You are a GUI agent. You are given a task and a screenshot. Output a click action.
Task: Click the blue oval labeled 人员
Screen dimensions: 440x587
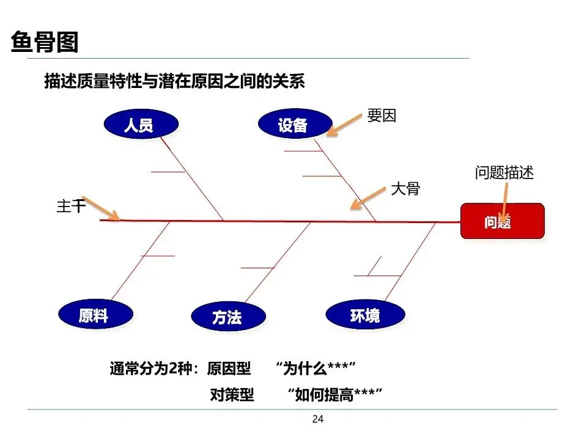click(x=141, y=125)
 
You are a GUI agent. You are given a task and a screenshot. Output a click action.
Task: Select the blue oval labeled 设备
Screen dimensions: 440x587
click(x=294, y=125)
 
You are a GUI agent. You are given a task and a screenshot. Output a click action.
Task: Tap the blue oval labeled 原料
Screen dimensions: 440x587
click(x=95, y=315)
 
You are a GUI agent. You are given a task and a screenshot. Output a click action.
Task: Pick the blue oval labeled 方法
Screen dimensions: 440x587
click(x=228, y=317)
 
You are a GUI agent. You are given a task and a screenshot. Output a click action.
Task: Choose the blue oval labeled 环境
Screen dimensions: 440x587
click(x=365, y=315)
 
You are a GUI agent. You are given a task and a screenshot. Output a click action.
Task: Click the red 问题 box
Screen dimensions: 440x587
click(x=501, y=221)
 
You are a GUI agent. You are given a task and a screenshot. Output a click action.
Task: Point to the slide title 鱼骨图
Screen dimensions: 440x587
click(x=45, y=43)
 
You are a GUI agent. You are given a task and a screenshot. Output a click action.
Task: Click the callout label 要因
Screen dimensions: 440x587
click(x=382, y=115)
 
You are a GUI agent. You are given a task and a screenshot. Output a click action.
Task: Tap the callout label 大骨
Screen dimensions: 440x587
click(x=405, y=189)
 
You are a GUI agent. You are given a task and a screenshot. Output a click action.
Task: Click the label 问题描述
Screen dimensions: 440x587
click(x=504, y=173)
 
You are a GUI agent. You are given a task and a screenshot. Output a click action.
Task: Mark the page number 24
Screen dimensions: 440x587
click(x=317, y=419)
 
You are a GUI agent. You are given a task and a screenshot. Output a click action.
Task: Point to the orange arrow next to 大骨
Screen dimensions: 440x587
click(x=367, y=198)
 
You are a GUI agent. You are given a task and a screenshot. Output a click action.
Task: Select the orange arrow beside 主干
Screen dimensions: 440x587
click(x=100, y=208)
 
